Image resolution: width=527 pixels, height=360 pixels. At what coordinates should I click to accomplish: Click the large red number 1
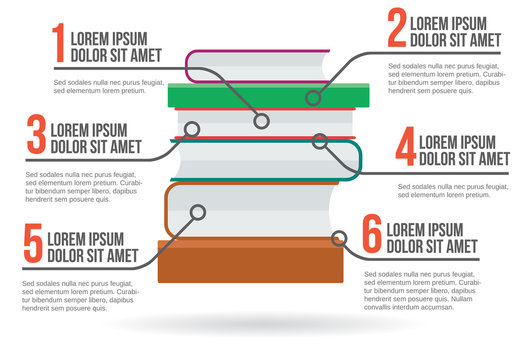tap(59, 44)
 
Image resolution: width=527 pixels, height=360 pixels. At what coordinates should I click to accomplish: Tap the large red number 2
tap(396, 30)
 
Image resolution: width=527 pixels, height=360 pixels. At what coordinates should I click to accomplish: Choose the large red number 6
tap(371, 237)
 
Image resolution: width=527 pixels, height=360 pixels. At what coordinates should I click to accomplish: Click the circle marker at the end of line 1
tap(261, 121)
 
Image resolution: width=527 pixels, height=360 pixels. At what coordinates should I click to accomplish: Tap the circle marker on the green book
tap(313, 97)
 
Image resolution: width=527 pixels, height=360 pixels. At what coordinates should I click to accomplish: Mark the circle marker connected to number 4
tap(319, 142)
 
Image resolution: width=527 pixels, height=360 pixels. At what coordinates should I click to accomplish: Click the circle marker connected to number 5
tap(198, 212)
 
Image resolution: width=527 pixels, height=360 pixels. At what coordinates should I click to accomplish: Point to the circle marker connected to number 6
tap(339, 238)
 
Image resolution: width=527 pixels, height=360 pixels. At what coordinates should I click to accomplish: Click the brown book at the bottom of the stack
tap(250, 262)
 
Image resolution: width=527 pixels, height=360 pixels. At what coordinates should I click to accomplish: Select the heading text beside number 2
tap(456, 30)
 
